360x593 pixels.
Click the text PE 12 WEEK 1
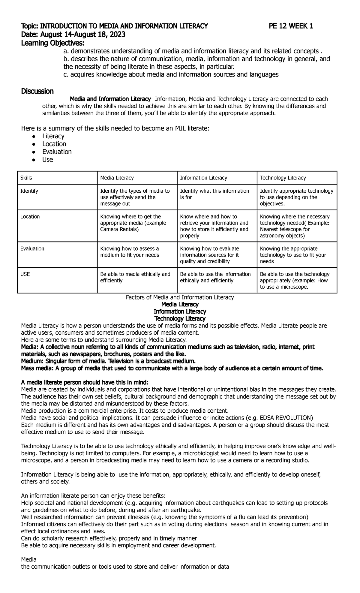pos(291,26)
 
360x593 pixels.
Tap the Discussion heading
pos(37,91)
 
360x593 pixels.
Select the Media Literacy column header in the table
pos(117,178)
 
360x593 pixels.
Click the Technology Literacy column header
pos(283,178)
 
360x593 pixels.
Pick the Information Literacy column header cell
pos(203,178)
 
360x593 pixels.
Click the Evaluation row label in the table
pos(32,249)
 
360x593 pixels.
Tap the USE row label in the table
pos(25,274)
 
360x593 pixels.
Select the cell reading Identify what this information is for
pos(214,194)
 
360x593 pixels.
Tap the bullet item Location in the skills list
pos(54,144)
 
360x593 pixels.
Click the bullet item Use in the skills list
pos(47,160)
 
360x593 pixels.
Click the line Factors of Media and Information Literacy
pos(180,297)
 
